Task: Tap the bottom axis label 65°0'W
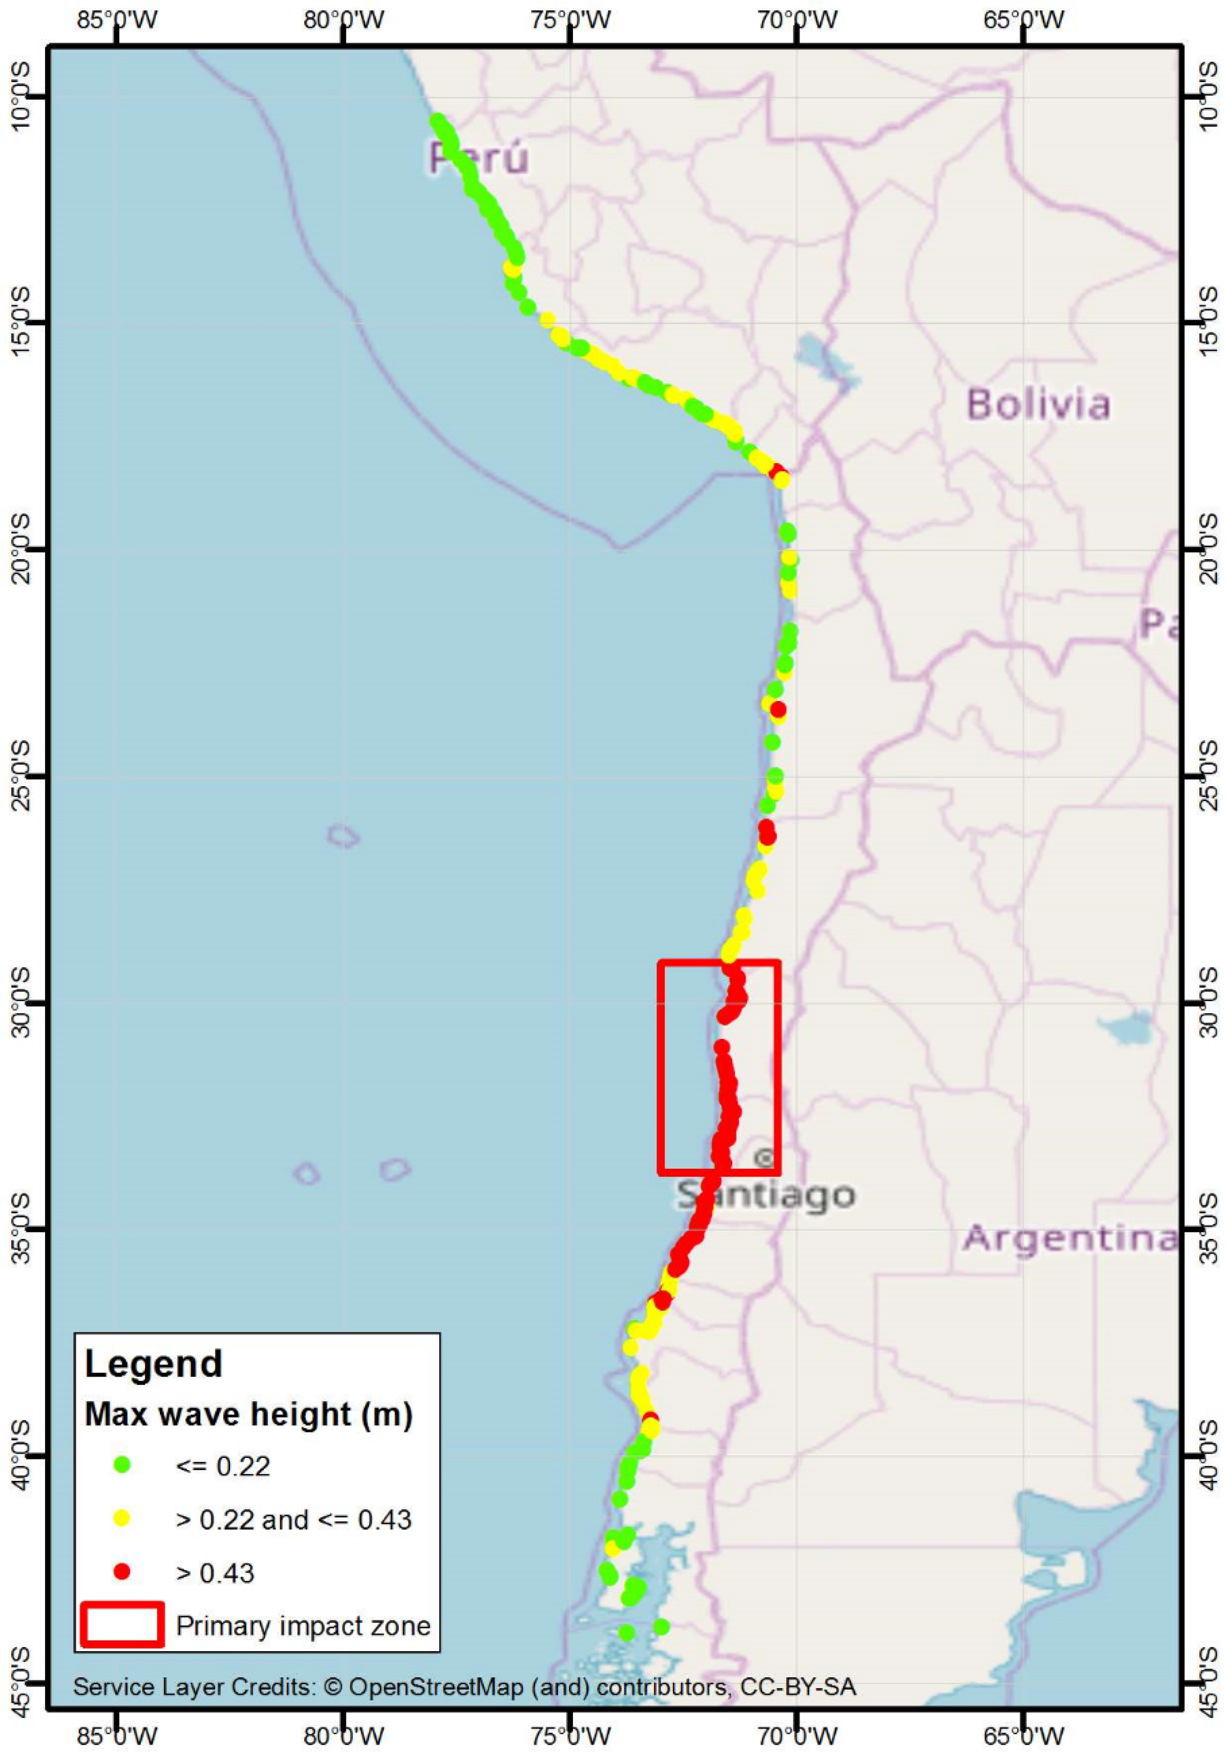click(1023, 1736)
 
